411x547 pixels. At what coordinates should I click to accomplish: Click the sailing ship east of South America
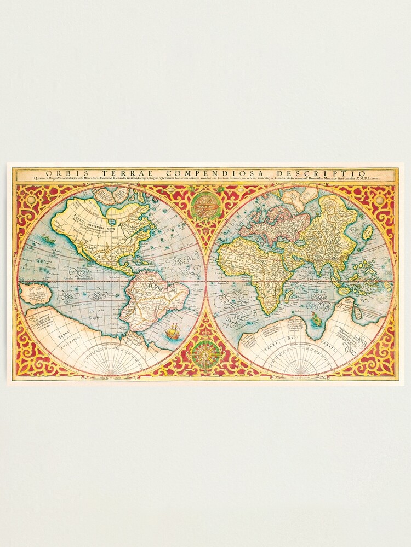click(172, 331)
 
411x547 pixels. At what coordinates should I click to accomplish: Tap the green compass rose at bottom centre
click(206, 353)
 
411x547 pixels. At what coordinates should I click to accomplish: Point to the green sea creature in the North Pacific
click(49, 239)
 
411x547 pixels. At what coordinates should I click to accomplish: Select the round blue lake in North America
click(112, 222)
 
